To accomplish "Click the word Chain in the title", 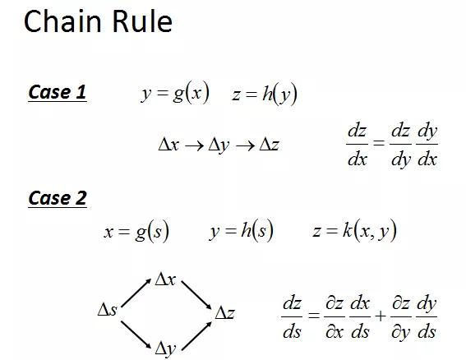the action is tap(62, 21).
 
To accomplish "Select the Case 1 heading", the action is tap(58, 92).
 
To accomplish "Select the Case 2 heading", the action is tap(58, 198).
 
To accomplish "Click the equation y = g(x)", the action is tap(175, 93).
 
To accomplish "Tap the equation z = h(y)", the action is tap(265, 95).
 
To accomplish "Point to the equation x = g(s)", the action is tap(136, 231).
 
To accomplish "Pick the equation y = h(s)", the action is tap(242, 230).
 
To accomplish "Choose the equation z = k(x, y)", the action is tap(354, 230).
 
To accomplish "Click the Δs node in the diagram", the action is tap(108, 310).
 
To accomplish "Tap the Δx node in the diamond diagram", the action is tap(165, 279).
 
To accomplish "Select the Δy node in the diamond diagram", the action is tap(165, 348).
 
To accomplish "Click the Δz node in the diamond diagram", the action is tap(224, 312).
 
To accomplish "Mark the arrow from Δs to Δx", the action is tap(136, 293).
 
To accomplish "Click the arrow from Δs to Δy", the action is tap(136, 335).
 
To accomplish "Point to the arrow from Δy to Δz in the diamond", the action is tap(196, 336).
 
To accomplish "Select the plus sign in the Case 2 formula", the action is tap(380, 316).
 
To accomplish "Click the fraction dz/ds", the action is tap(292, 317).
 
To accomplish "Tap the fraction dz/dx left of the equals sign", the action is tap(357, 145).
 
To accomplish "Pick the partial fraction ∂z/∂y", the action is tap(401, 318).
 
